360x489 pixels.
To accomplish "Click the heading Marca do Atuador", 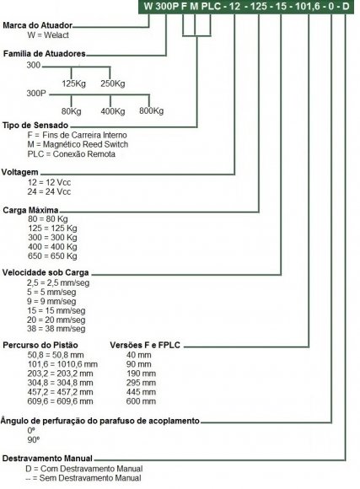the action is (38, 25).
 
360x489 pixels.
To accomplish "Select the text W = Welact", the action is (48, 35).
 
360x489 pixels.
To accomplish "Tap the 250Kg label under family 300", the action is (113, 83).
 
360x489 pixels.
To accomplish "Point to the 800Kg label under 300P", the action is (151, 110).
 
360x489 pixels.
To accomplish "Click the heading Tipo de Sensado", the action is (35, 126).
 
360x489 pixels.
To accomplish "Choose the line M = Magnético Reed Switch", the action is (78, 144).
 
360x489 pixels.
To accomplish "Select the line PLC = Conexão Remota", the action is (71, 154).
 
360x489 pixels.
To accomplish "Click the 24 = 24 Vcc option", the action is (49, 191).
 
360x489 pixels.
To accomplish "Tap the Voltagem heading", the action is (20, 172).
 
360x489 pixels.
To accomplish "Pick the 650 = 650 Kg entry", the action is (52, 256).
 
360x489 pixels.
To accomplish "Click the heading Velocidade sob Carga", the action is (46, 272).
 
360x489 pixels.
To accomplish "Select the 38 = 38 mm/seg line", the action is (56, 329).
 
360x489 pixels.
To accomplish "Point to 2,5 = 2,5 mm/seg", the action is (58, 282).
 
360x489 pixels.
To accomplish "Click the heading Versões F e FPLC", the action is (145, 345).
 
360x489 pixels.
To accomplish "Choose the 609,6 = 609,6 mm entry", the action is (60, 401).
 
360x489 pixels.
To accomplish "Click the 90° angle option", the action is (34, 440).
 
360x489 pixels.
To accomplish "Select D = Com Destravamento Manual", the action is (84, 469).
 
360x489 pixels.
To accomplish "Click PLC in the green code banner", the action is (212, 6).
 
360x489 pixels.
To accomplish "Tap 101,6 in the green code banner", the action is (307, 7).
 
